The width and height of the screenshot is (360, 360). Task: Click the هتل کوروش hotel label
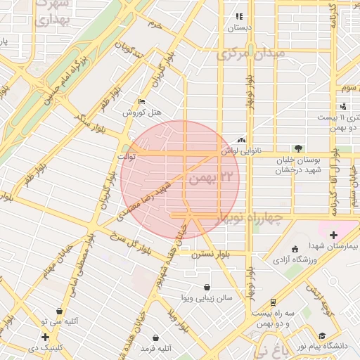click(x=143, y=112)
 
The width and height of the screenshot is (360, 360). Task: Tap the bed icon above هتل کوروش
click(x=143, y=101)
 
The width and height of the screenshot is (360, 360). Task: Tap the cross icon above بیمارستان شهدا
click(x=333, y=235)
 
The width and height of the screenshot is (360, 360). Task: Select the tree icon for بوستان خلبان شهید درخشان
click(x=299, y=148)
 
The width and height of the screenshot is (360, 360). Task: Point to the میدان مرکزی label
click(x=251, y=53)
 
